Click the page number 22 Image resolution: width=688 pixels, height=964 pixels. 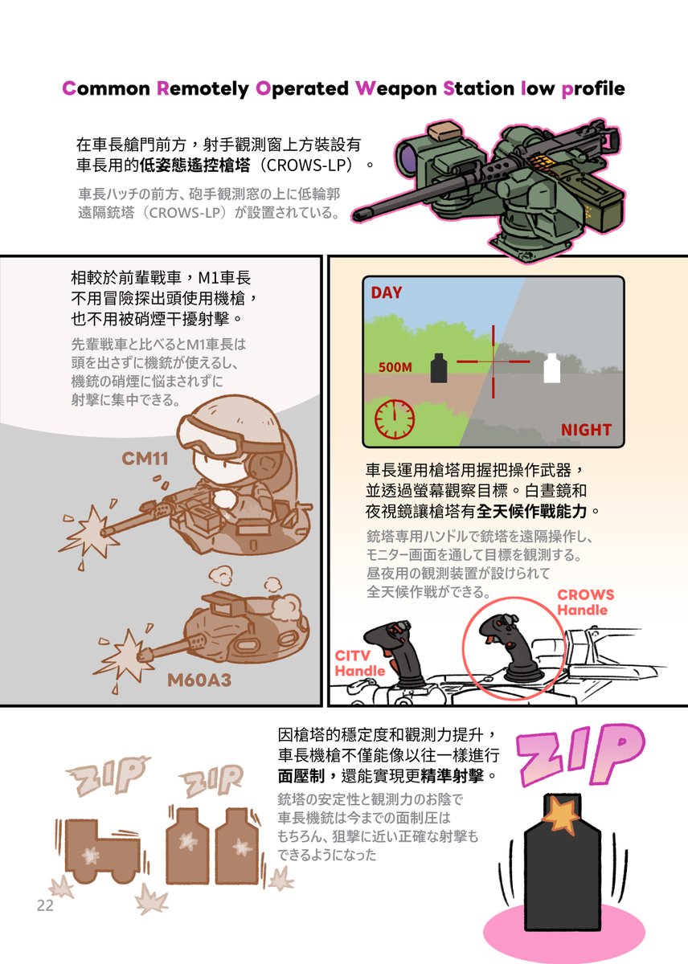44,906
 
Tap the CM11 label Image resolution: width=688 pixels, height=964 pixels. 145,460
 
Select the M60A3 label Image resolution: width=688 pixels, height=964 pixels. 199,681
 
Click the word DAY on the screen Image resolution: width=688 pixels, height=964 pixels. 386,293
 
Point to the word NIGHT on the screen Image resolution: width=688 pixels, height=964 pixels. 585,430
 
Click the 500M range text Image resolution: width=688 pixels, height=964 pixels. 395,368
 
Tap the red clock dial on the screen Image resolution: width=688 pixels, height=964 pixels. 394,417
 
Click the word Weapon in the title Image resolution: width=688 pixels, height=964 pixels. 397,88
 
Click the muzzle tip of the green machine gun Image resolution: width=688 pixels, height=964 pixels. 358,213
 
